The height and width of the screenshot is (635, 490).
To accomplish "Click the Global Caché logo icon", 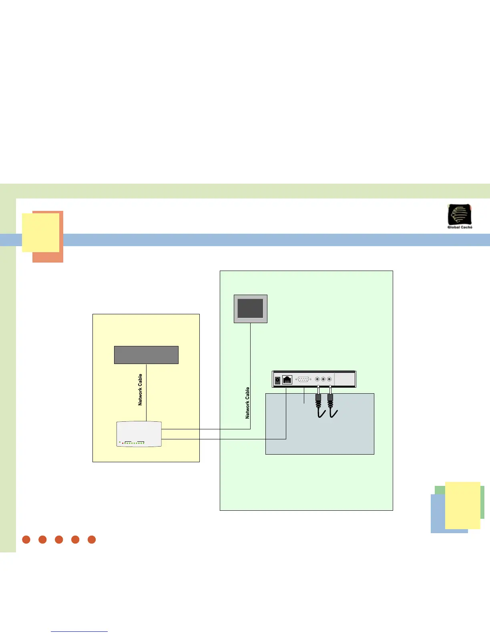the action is (x=460, y=214).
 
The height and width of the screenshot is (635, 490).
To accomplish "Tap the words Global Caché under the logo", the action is (x=460, y=227).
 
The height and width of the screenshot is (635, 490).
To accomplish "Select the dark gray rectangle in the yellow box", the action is (x=146, y=355).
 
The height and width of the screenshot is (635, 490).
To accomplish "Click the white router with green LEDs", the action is (x=139, y=434).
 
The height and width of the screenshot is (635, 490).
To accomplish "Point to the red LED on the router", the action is (x=122, y=443).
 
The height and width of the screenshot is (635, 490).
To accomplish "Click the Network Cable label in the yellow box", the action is (x=140, y=390).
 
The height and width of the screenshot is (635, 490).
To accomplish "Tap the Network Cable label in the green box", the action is (x=247, y=403).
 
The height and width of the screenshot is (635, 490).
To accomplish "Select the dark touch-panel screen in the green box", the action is (x=251, y=309).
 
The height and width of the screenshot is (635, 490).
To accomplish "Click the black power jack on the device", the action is (x=277, y=380).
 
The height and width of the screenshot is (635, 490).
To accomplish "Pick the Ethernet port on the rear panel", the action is (x=287, y=379).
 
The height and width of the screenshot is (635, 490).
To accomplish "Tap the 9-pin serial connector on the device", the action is (x=303, y=379).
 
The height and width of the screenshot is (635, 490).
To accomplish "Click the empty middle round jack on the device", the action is (x=323, y=379).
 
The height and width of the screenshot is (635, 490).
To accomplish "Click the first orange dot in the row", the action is (x=26, y=540).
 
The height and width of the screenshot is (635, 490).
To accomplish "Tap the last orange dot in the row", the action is (x=92, y=540).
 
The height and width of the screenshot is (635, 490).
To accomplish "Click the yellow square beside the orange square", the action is (x=40, y=233).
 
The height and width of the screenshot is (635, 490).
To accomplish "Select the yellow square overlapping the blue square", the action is (x=462, y=505).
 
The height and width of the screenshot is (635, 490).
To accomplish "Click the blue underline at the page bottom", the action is (x=79, y=632).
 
